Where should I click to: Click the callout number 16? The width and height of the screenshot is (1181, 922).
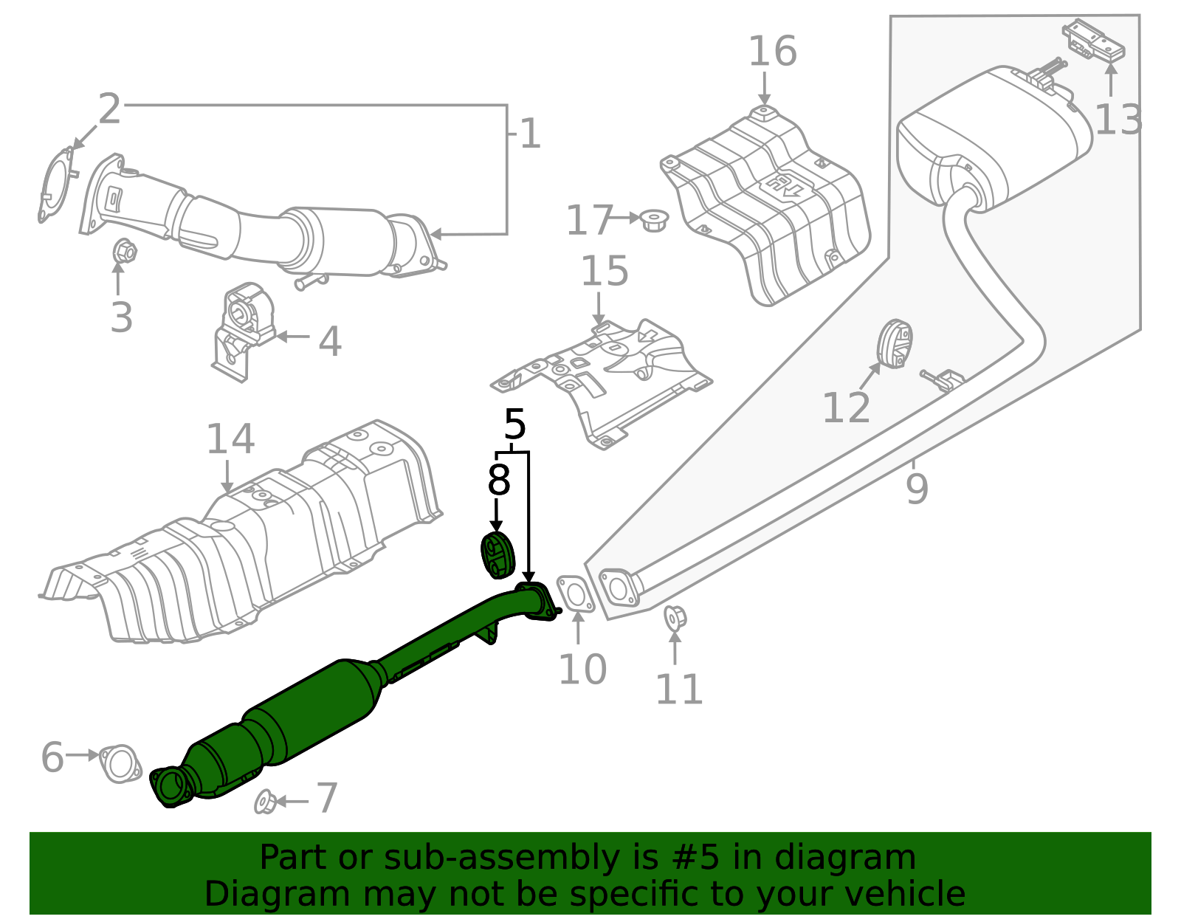click(772, 52)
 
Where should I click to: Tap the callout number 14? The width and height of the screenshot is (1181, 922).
click(230, 440)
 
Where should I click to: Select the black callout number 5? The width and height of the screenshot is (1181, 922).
click(514, 425)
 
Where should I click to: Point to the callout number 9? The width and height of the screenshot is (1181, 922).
click(916, 488)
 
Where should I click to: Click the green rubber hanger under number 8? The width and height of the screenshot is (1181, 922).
click(497, 554)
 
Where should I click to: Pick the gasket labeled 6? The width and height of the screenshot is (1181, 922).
click(120, 764)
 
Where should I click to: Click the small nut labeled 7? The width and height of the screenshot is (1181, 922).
click(264, 802)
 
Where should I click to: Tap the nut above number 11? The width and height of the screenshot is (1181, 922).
click(675, 617)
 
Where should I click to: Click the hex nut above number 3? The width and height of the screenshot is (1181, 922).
click(125, 252)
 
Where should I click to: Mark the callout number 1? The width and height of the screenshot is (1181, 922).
click(530, 134)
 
